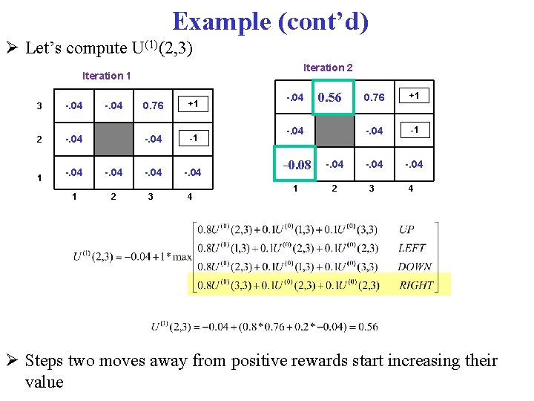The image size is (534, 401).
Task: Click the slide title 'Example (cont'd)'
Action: pos(270,22)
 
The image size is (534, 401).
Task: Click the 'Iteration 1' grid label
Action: pos(107,76)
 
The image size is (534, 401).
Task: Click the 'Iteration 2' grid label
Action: pos(328,68)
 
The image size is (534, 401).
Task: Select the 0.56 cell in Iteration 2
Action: pos(329,97)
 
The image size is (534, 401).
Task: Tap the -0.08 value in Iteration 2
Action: pos(296,164)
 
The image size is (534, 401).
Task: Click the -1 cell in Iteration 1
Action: pos(192,138)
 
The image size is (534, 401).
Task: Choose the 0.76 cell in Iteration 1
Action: pos(152,105)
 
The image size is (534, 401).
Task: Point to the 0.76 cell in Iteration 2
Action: pos(374,97)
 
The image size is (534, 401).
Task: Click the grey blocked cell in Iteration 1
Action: pos(113,139)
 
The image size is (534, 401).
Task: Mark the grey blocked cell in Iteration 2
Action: pos(334,131)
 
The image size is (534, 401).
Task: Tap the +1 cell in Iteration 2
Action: pos(415,96)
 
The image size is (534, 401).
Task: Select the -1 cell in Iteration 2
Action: pos(415,130)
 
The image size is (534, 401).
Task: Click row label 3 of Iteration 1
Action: pos(39,105)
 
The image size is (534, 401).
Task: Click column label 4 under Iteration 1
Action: pos(191,197)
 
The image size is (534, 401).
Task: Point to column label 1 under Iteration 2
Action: pos(295,189)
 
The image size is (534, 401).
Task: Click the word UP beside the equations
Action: pos(406,230)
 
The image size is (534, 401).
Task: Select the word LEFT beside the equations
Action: pos(411,248)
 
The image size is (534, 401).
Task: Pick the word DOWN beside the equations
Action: pos(414,267)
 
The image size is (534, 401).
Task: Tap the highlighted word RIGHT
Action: pos(416,284)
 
